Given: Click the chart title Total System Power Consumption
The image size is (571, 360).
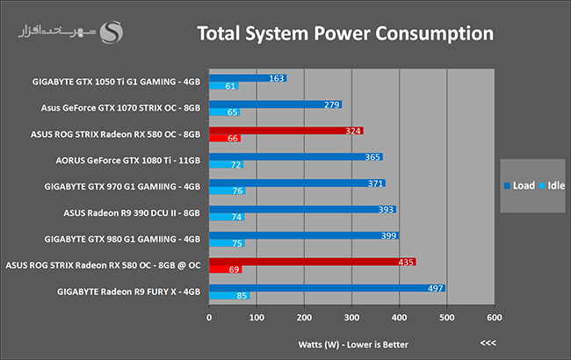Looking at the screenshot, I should [345, 34].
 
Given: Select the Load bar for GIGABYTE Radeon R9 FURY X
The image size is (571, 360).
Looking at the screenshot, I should [327, 287].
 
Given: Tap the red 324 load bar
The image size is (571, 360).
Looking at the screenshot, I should [285, 130].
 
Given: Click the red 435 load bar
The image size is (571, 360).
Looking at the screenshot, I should [312, 262].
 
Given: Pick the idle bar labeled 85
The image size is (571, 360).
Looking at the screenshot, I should [229, 297].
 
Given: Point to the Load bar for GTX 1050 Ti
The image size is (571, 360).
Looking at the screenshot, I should [248, 78].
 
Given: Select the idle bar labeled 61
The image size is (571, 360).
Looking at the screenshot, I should [224, 87].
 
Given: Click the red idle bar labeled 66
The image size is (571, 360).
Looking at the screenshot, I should [225, 139].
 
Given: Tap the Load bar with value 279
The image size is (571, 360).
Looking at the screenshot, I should [275, 104].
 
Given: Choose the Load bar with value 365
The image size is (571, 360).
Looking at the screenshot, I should [295, 156].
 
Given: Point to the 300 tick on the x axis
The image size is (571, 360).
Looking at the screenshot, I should [351, 318].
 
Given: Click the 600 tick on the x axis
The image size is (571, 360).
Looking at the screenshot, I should [494, 318].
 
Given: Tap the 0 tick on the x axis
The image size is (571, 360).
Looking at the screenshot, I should [209, 318].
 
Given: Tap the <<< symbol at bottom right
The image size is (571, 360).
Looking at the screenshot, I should [488, 343].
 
